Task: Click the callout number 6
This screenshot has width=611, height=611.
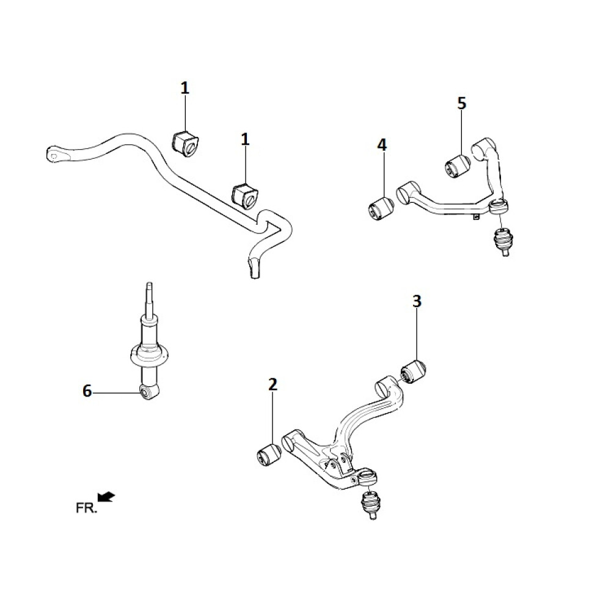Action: [x=87, y=391]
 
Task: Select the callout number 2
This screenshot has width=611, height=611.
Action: [x=273, y=384]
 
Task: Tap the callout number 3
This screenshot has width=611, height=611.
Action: [x=417, y=301]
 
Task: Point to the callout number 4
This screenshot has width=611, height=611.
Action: [x=382, y=145]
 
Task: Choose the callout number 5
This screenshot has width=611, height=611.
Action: [x=461, y=103]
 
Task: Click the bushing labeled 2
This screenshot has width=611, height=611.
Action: [x=268, y=455]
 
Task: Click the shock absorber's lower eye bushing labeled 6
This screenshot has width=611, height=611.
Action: [x=147, y=392]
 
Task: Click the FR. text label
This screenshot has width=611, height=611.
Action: [x=86, y=508]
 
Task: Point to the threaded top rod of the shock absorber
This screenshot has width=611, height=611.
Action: [x=148, y=299]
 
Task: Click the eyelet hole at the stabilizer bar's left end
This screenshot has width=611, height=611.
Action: [x=54, y=155]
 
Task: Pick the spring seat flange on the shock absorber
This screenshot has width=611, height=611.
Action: [x=148, y=354]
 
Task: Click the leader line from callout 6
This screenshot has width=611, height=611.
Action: [x=116, y=392]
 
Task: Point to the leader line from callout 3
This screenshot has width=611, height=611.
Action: [x=417, y=336]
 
